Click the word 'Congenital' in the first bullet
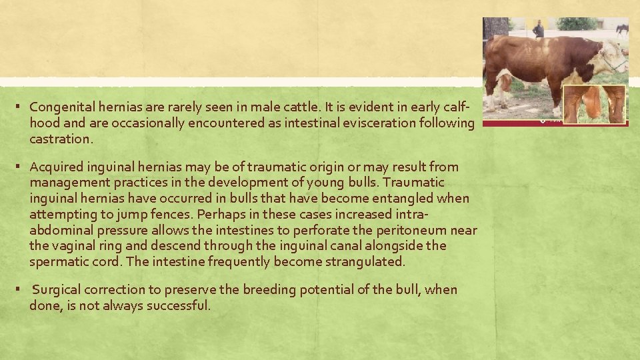point(56,107)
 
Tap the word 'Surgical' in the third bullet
point(55,289)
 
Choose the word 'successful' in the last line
point(180,305)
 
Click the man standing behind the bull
point(538,29)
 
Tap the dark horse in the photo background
point(621,29)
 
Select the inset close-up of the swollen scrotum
point(594,103)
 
